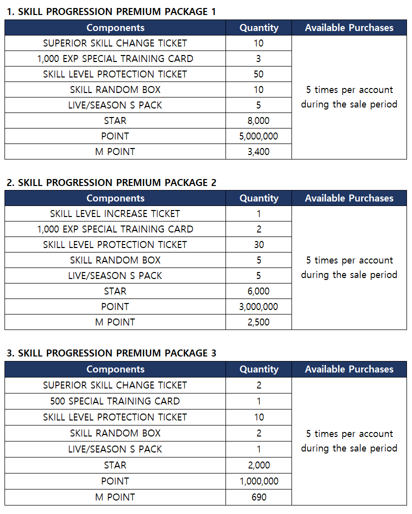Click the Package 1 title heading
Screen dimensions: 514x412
coord(111,11)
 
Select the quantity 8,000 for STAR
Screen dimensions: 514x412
coord(258,120)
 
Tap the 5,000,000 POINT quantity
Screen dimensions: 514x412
coord(258,136)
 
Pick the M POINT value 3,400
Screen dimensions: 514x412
coord(258,151)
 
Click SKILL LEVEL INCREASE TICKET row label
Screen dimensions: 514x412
coord(115,213)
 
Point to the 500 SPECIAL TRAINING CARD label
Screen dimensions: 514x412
coord(115,401)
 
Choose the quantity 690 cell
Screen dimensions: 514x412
coord(258,497)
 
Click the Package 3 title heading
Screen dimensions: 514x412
coord(111,353)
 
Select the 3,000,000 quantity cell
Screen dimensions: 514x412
coord(258,306)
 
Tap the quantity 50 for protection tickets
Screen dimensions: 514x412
coord(258,74)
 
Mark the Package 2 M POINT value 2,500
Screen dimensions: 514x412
coord(258,322)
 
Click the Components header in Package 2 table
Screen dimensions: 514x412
coord(115,198)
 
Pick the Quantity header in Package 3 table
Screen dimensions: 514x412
coord(258,369)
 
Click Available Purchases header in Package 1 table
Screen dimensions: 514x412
coord(349,27)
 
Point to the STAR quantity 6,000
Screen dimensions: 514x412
coord(258,291)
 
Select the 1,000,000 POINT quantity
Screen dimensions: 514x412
coord(258,481)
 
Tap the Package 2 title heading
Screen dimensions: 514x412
coord(111,182)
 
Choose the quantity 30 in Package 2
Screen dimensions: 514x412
coord(258,244)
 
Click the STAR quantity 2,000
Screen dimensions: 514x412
coord(258,465)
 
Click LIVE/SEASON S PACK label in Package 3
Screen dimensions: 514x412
coord(115,449)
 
